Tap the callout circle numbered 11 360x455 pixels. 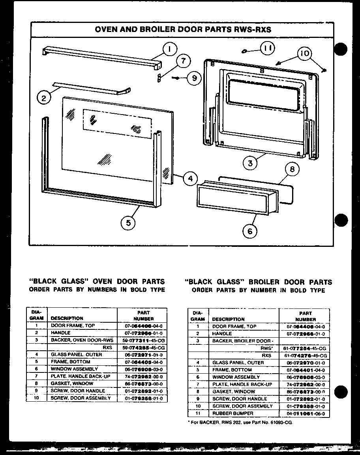tap(268, 49)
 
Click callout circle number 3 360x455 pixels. tap(251, 163)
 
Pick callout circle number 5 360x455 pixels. tap(128, 223)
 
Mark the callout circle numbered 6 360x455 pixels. tap(249, 231)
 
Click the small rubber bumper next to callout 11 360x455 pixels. tap(244, 51)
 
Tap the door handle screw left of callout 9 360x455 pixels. tap(176, 78)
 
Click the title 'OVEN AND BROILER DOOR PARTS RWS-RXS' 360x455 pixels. tap(183, 30)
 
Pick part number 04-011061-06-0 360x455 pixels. tap(306, 414)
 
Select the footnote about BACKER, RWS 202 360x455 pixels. tap(240, 422)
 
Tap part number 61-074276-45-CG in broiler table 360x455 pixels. tap(306, 355)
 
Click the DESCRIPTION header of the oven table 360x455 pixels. tap(67, 318)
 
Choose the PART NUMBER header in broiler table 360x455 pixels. tap(306, 316)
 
